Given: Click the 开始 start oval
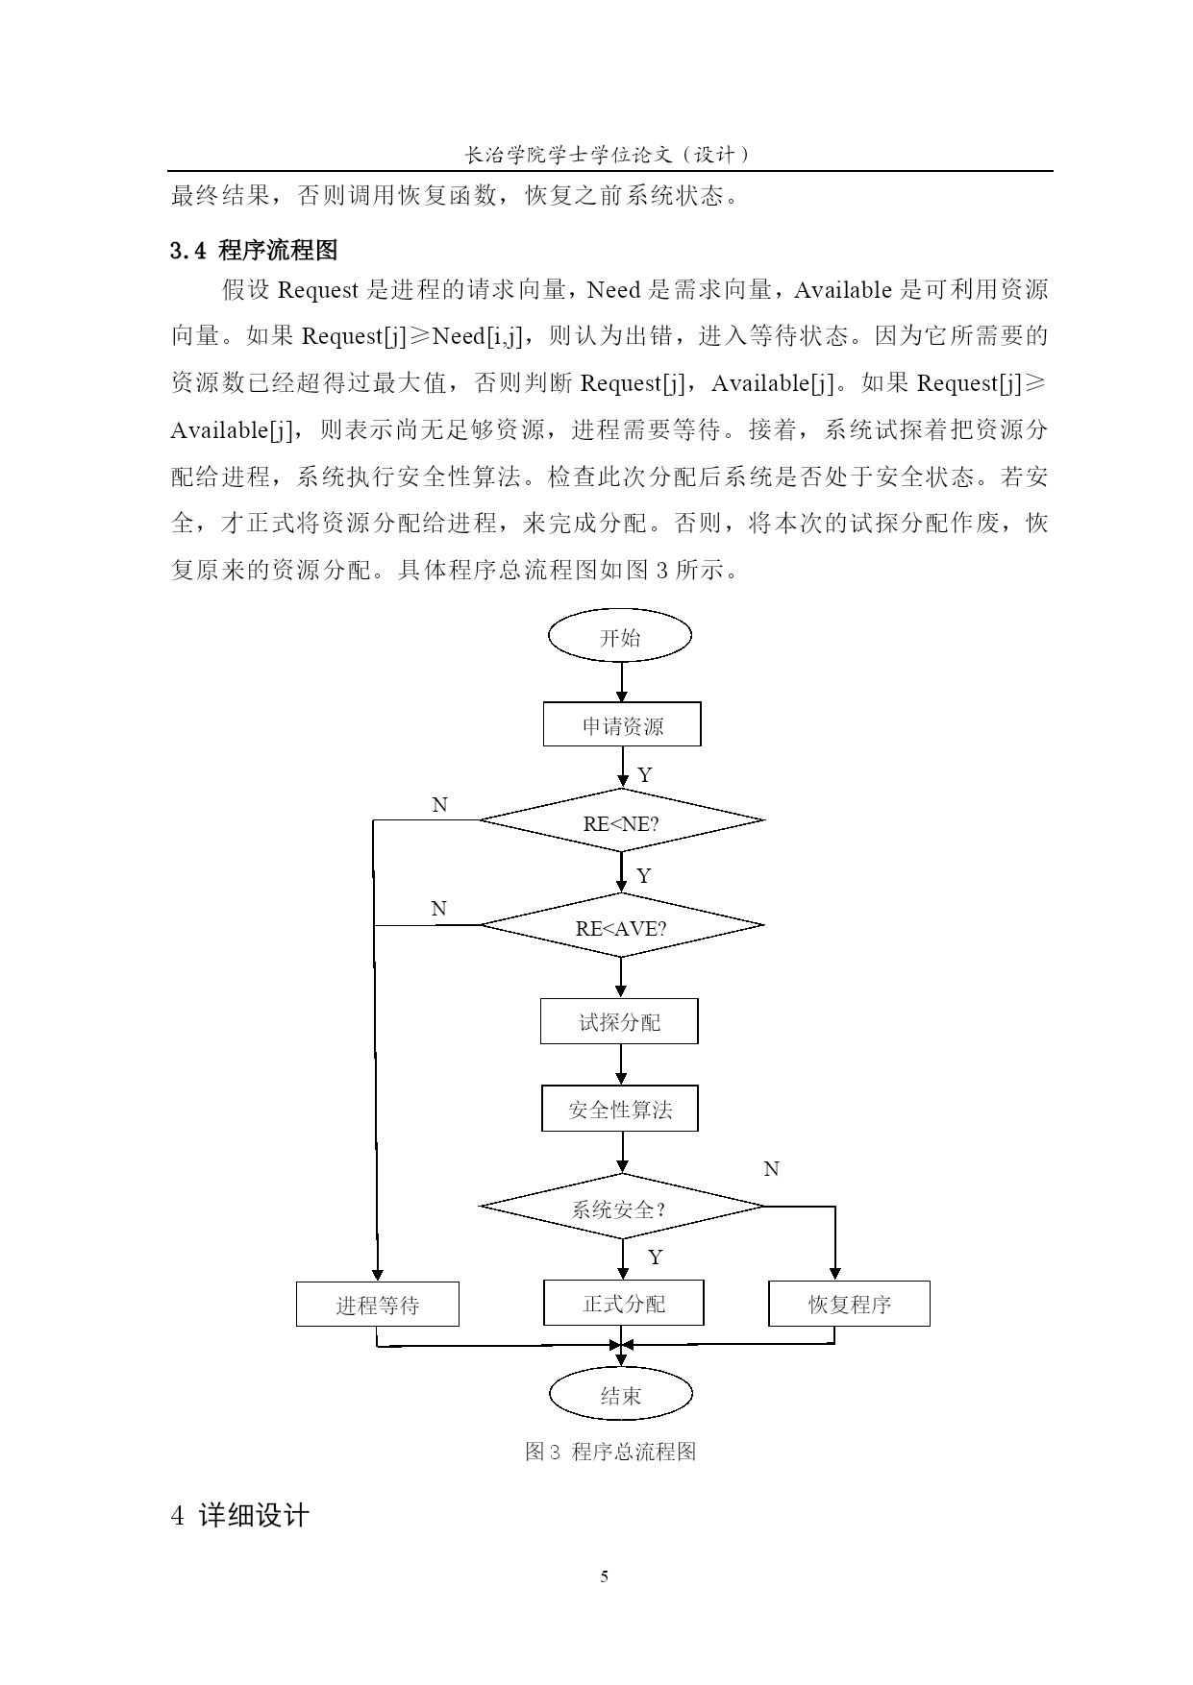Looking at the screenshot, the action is coord(620,637).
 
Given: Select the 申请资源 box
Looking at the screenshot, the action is coord(622,724).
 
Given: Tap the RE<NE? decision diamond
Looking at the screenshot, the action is coord(621,821).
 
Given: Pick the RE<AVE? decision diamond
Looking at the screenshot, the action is coord(621,926).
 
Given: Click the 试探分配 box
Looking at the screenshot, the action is coord(619,1021).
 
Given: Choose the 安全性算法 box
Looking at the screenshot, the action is coord(620,1109).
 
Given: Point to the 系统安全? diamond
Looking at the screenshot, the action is coord(621,1207).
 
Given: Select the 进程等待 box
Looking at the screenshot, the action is coord(377,1304).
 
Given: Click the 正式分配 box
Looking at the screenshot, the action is coord(623,1303).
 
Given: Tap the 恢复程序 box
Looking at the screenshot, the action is coord(849,1304).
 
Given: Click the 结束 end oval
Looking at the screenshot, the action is coord(621,1395).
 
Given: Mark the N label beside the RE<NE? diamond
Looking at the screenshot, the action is coord(439,805).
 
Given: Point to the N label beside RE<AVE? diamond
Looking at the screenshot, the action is coord(438,909).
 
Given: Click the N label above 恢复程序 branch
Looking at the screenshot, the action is coord(771,1169).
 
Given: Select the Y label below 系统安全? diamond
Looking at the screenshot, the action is coord(655,1258).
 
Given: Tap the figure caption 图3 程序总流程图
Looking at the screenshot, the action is coord(610,1452).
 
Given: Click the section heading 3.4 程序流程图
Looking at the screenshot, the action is coord(254,251).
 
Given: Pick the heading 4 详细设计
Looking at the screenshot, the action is coord(239,1516).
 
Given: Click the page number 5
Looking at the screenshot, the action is coord(604,1576).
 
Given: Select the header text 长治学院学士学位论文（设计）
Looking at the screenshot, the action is coord(609,154).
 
